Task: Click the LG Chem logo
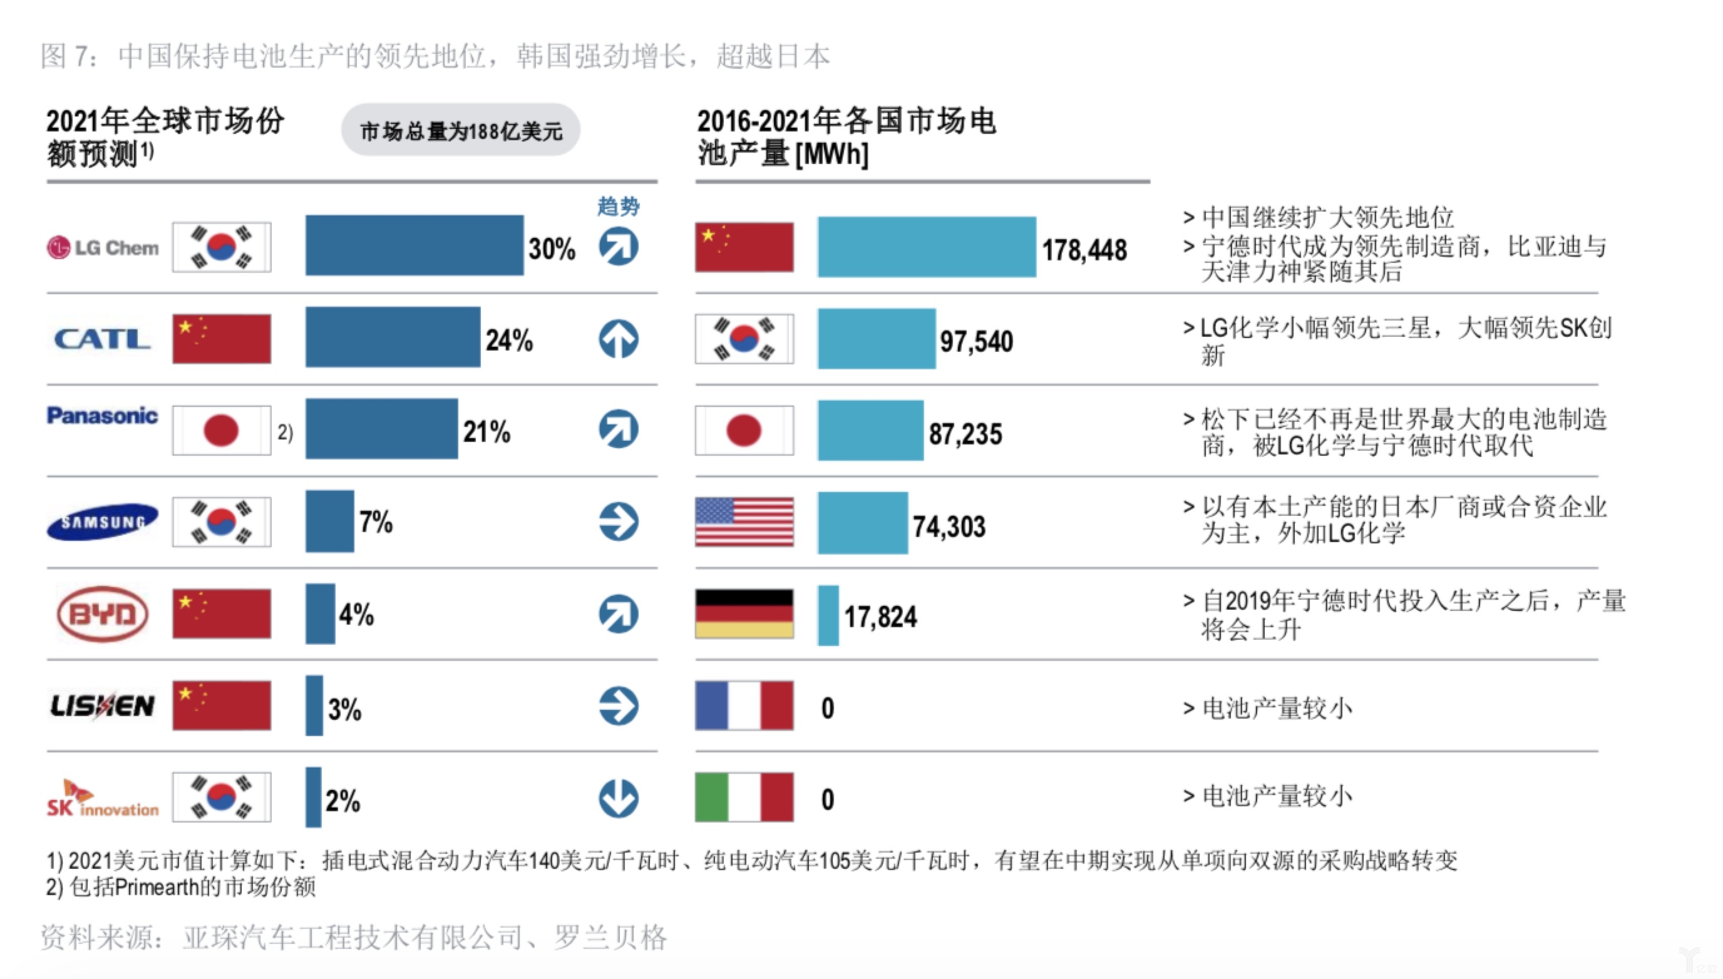[102, 247]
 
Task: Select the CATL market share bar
[393, 337]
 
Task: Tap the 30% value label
[552, 249]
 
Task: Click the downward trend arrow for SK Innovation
[618, 798]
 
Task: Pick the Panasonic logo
[102, 416]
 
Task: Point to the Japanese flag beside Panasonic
[221, 430]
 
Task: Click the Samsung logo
[102, 522]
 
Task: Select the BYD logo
[102, 614]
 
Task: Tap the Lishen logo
[102, 705]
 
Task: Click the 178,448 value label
[1084, 250]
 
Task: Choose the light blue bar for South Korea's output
[876, 339]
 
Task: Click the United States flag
[744, 522]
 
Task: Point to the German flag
[744, 614]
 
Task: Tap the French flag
[744, 705]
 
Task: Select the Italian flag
[744, 797]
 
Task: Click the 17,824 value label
[880, 617]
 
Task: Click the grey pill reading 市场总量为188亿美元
[461, 130]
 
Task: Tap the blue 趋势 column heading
[618, 206]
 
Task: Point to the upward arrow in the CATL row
[618, 338]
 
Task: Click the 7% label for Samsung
[375, 522]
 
